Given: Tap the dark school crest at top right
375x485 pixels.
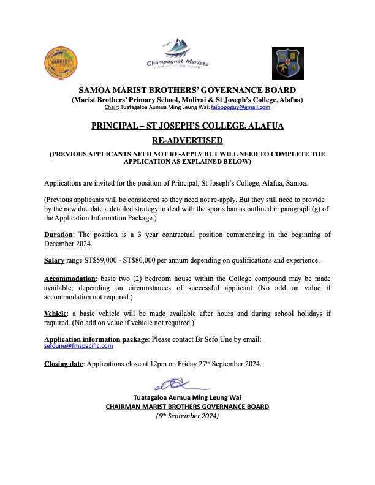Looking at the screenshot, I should [x=287, y=64].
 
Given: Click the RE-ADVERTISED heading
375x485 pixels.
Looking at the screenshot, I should [x=187, y=140].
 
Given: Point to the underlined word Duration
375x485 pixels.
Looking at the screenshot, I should [x=58, y=235].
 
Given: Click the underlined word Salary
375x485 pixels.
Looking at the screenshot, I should [x=54, y=260].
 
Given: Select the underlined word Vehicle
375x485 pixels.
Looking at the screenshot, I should [x=55, y=313].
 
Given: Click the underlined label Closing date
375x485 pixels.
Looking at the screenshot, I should [x=64, y=364].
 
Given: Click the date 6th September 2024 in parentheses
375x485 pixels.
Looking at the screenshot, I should [x=187, y=416].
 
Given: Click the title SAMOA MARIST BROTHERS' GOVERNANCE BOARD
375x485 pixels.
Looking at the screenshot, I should [x=187, y=89].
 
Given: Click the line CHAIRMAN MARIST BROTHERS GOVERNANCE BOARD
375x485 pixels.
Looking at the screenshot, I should [x=187, y=406].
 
